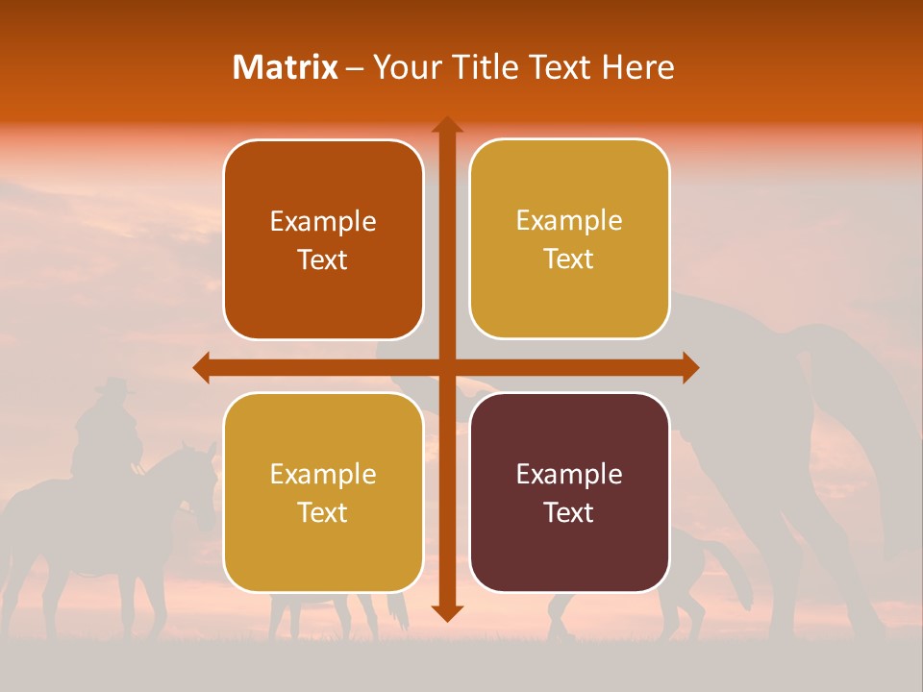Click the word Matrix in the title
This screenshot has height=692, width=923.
tap(286, 67)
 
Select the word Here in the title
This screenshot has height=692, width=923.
tap(638, 67)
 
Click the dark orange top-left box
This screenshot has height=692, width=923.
tap(323, 240)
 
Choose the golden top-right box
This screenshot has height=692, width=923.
tap(569, 239)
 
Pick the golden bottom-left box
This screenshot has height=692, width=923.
tap(323, 493)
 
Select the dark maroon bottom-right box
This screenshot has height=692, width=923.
tap(569, 493)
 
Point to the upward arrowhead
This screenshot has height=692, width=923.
tap(447, 125)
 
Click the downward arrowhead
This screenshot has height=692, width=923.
tap(447, 613)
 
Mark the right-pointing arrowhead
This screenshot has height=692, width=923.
tap(690, 368)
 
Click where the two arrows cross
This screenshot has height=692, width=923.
tap(447, 368)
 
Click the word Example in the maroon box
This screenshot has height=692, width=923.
tap(569, 474)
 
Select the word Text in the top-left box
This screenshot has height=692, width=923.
tap(323, 259)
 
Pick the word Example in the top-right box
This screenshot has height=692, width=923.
tap(569, 220)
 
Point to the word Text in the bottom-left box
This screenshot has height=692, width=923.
tap(323, 512)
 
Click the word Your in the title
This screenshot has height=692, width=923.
tap(405, 67)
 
